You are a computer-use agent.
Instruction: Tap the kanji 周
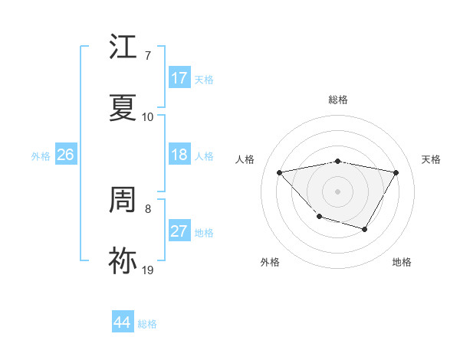pyautogui.click(x=123, y=201)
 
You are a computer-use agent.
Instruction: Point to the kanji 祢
pyautogui.click(x=123, y=261)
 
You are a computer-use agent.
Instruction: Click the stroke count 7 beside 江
pyautogui.click(x=147, y=57)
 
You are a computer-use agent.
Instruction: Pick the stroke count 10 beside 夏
pyautogui.click(x=147, y=117)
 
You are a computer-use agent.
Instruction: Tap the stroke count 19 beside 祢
pyautogui.click(x=147, y=270)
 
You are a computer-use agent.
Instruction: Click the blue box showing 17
pyautogui.click(x=179, y=78)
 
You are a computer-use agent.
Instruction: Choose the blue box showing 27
pyautogui.click(x=179, y=231)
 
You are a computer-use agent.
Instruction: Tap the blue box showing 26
pyautogui.click(x=65, y=155)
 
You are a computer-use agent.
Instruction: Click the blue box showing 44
pyautogui.click(x=122, y=322)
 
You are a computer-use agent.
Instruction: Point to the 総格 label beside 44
pyautogui.click(x=147, y=324)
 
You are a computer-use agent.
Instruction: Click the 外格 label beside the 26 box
pyautogui.click(x=41, y=156)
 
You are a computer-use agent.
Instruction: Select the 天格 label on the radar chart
pyautogui.click(x=431, y=159)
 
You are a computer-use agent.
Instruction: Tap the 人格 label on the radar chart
pyautogui.click(x=245, y=159)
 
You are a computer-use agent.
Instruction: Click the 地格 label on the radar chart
pyautogui.click(x=402, y=262)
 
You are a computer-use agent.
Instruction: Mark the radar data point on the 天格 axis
pyautogui.click(x=396, y=172)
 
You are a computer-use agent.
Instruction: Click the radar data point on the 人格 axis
pyautogui.click(x=280, y=172)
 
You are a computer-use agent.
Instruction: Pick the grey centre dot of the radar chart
pyautogui.click(x=337, y=191)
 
